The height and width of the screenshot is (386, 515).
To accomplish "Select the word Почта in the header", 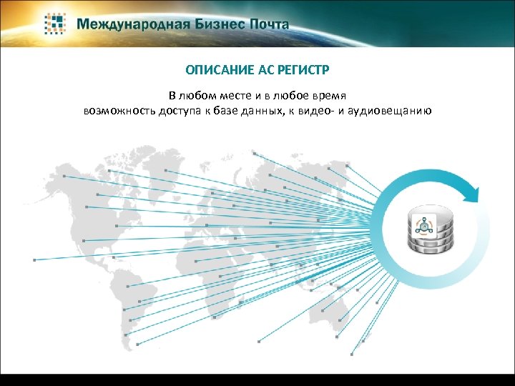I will (269, 24).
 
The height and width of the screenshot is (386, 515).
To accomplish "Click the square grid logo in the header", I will (57, 23).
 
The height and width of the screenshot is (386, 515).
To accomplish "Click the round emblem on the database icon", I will (424, 224).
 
